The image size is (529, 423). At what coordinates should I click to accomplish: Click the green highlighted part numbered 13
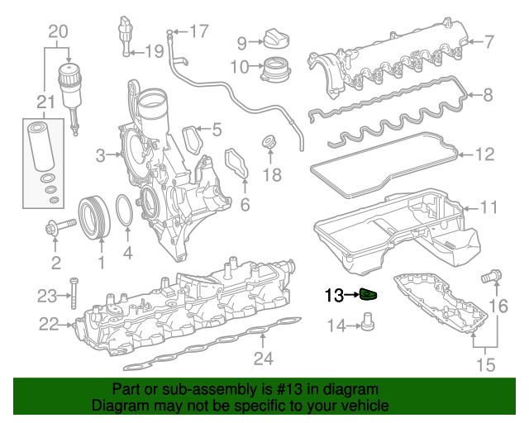click(x=369, y=295)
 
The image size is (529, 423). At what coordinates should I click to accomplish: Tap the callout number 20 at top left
click(x=57, y=32)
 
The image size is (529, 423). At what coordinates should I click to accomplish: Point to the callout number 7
click(x=488, y=40)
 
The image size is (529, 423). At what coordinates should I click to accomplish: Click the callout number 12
click(x=485, y=154)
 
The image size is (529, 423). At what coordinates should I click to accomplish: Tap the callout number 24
click(x=262, y=358)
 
